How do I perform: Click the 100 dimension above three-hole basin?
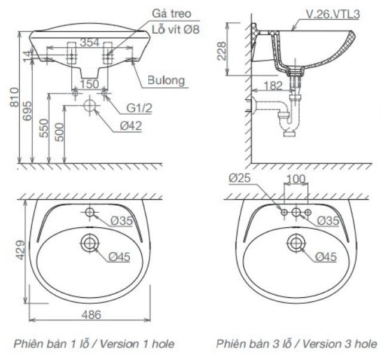(296, 179)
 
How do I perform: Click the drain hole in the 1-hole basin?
(89, 242)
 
